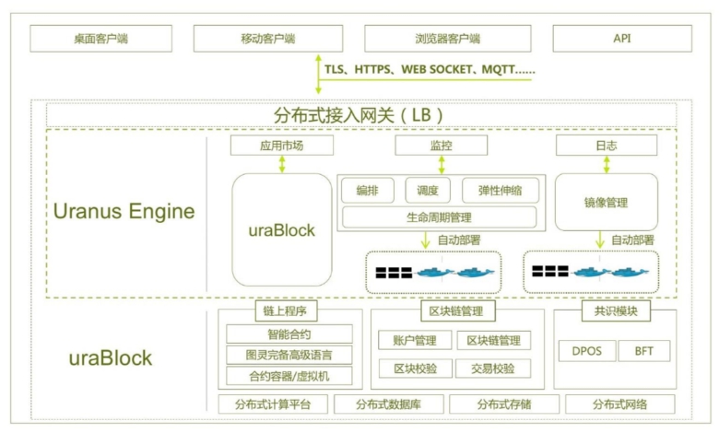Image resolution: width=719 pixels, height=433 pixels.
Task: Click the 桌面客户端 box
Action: [x=102, y=39]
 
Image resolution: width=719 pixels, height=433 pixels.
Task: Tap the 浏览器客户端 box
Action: [x=447, y=39]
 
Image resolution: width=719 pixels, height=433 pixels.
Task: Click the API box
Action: [x=620, y=39]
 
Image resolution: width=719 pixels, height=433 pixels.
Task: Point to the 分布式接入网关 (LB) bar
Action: [x=360, y=115]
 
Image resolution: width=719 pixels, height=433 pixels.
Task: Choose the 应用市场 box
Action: [x=280, y=146]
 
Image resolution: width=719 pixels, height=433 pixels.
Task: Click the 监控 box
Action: [x=442, y=146]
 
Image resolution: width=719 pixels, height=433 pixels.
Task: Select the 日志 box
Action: [x=606, y=146]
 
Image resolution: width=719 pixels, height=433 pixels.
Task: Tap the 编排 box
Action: [x=367, y=191]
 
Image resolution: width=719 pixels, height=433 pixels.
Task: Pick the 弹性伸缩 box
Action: [x=500, y=191]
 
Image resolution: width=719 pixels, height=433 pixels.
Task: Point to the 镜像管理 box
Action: [x=606, y=202]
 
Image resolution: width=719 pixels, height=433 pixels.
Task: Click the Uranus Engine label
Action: [x=124, y=211]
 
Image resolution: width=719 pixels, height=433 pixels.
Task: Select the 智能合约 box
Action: [x=289, y=334]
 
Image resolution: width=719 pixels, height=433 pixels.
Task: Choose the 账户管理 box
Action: [x=415, y=340]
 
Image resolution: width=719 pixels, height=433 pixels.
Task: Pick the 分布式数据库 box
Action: [x=388, y=404]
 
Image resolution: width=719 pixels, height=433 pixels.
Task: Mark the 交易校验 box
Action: [x=493, y=369]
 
